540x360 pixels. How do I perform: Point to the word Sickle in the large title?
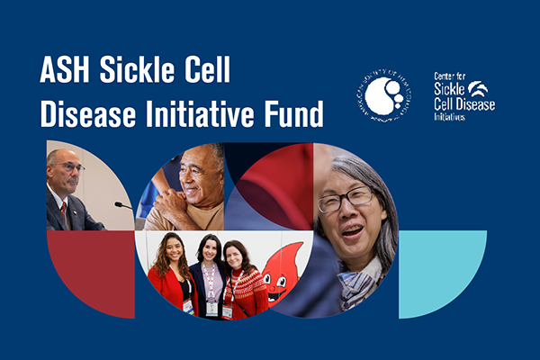151,74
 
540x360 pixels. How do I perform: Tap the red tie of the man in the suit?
64,211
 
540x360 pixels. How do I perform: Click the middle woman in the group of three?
209,274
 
